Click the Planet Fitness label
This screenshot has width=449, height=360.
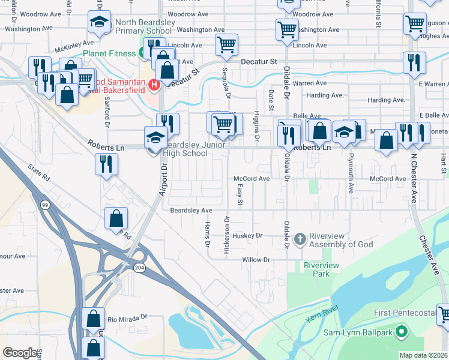(x=109, y=53)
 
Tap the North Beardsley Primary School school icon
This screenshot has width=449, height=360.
(x=97, y=23)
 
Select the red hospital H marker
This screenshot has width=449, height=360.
(x=154, y=83)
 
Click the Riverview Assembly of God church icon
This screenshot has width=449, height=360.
(x=300, y=239)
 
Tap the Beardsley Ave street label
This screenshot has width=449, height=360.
(x=191, y=211)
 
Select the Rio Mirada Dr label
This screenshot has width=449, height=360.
(x=128, y=317)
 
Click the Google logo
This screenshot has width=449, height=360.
(x=20, y=353)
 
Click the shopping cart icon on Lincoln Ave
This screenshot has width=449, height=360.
(x=226, y=44)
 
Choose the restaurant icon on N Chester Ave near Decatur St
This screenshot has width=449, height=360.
(x=414, y=62)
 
